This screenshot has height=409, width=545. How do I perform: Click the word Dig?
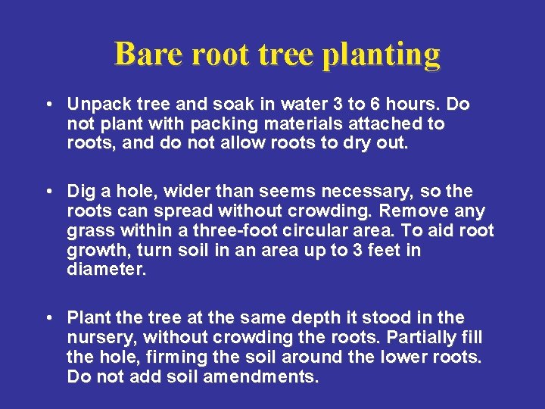[80, 191]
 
